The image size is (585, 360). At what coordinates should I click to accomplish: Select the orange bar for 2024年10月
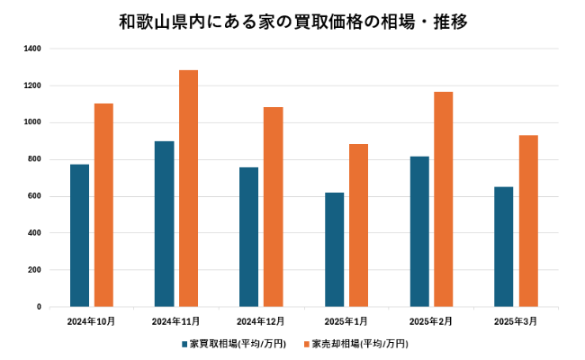103,205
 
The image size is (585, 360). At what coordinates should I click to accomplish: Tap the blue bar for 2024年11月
164,224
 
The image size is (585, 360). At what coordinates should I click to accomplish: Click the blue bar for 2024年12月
249,237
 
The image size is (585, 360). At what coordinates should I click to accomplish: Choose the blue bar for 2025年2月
419,231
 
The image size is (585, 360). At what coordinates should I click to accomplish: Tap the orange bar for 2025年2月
443,199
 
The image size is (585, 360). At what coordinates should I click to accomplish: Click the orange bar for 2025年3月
528,220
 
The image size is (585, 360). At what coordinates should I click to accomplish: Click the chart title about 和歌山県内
292,20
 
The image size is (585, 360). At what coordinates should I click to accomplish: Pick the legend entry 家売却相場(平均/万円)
359,344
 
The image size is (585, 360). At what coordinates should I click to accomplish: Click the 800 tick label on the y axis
34,159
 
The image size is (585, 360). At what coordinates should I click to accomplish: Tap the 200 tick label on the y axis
34,270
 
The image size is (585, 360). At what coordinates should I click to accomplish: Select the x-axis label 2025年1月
346,321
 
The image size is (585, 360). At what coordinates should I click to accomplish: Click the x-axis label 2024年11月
175,321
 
